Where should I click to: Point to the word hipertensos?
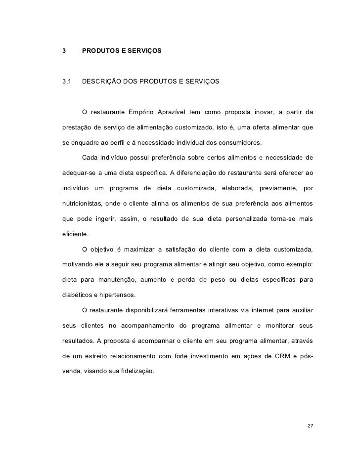119,297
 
